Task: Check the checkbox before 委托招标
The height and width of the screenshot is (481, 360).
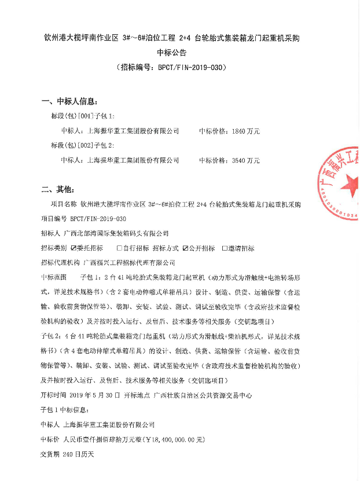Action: click(74, 248)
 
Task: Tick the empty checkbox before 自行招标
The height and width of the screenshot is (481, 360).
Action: click(119, 248)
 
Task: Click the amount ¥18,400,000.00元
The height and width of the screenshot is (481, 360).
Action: click(164, 439)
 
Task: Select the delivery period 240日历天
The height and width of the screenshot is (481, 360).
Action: click(78, 454)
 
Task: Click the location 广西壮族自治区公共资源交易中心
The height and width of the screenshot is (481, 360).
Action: click(211, 395)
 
